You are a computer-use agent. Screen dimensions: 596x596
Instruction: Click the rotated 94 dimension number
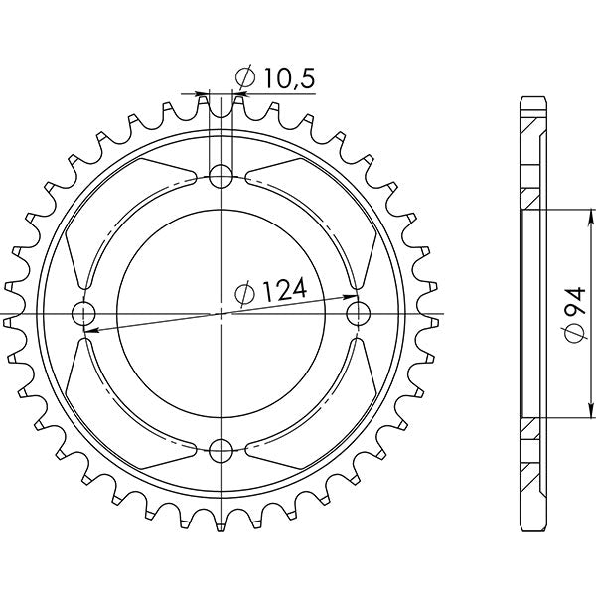click(574, 304)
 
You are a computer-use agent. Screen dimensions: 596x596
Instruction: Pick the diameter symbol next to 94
click(574, 338)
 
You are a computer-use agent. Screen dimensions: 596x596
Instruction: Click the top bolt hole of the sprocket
click(221, 178)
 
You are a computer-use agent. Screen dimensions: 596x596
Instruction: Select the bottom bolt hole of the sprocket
click(221, 450)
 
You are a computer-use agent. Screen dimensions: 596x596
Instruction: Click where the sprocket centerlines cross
click(221, 314)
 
